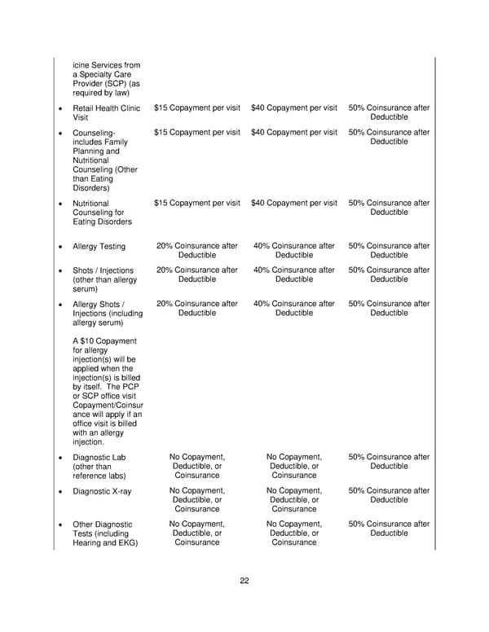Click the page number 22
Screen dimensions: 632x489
coord(244,581)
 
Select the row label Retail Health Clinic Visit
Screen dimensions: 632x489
coord(106,112)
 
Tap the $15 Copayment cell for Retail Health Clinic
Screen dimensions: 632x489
coord(196,108)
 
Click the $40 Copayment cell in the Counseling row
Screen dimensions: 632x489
coord(293,132)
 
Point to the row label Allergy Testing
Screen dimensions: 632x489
coord(99,247)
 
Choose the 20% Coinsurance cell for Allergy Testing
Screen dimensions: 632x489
coord(196,251)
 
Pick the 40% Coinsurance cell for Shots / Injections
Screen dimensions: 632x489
coord(293,274)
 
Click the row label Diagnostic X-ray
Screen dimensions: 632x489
coord(102,491)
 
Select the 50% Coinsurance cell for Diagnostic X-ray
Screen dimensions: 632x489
coord(389,495)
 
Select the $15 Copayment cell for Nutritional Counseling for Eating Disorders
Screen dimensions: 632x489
coord(196,203)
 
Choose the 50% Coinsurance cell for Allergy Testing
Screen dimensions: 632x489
coord(389,251)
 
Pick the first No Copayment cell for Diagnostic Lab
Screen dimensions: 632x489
coord(196,466)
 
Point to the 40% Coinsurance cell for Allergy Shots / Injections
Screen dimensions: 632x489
coord(293,308)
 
